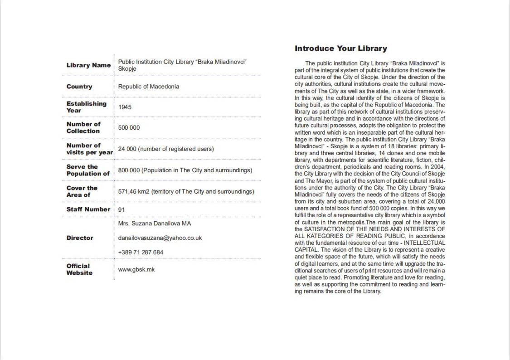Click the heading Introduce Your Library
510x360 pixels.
tap(340, 49)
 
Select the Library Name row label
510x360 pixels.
tap(88, 65)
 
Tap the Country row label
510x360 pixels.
tap(79, 87)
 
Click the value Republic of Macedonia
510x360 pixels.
tap(149, 87)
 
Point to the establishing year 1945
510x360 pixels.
tap(125, 107)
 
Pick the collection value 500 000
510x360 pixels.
tap(129, 128)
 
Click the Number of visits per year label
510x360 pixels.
tap(89, 149)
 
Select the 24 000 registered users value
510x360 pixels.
tap(166, 149)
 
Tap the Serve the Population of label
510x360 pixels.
tap(88, 170)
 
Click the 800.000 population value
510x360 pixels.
tap(185, 170)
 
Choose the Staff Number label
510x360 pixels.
tap(88, 209)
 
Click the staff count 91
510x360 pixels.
tap(121, 210)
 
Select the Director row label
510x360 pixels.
tap(80, 238)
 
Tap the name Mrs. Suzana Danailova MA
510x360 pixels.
tap(155, 224)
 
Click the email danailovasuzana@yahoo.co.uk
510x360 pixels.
tap(160, 238)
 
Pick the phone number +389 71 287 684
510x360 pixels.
tap(141, 252)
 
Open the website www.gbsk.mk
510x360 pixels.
tap(136, 269)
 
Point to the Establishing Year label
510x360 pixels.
tap(87, 107)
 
